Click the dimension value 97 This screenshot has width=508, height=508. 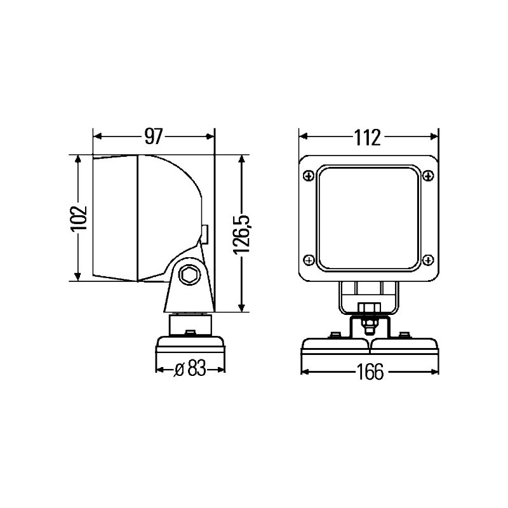point(153,137)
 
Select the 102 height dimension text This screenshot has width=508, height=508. point(79,218)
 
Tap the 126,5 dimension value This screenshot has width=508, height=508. point(241,234)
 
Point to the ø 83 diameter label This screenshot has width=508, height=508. point(190,369)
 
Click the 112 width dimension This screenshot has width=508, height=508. point(367,137)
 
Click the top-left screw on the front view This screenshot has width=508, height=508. point(309,176)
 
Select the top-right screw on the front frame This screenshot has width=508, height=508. point(428,176)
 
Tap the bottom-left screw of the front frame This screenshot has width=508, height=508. point(309,260)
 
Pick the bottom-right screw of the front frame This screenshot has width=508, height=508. point(428,260)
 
